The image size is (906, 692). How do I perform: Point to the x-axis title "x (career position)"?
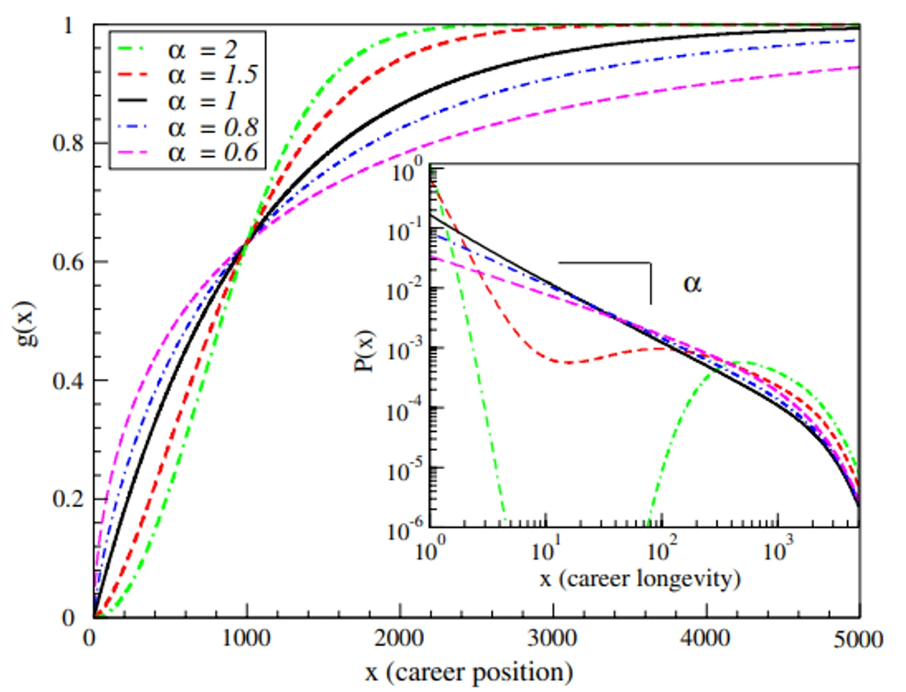(x=469, y=672)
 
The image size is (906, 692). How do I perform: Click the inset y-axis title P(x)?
(x=365, y=350)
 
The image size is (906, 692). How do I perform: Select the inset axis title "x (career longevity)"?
(x=640, y=578)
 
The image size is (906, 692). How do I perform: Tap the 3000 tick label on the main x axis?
(x=552, y=638)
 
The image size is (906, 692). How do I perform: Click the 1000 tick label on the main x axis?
(x=246, y=638)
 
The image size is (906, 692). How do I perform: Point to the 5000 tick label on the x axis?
(x=858, y=639)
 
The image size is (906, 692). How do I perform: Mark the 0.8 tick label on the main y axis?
(x=68, y=143)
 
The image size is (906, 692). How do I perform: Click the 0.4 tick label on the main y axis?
(x=68, y=381)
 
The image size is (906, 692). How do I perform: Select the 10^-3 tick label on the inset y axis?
(x=403, y=350)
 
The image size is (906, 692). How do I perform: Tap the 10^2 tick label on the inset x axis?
(x=662, y=549)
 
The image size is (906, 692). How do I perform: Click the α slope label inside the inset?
(x=692, y=283)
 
